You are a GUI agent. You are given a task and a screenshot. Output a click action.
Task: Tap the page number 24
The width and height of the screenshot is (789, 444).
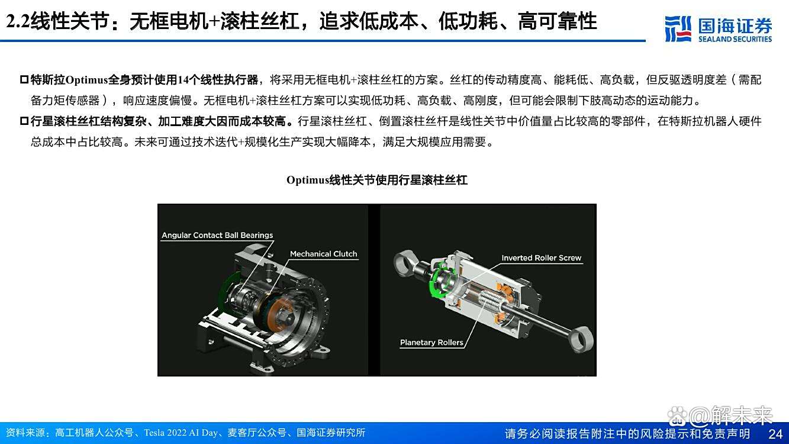pyautogui.click(x=775, y=433)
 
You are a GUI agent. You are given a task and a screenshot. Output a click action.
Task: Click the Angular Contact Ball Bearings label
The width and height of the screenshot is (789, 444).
pyautogui.click(x=217, y=235)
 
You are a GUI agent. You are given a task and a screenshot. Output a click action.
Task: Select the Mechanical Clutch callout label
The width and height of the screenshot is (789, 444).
pyautogui.click(x=323, y=254)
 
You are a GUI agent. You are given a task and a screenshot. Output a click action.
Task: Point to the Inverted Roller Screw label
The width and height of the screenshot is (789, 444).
pyautogui.click(x=541, y=258)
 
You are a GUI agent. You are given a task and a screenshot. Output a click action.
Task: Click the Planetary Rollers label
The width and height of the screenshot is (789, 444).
pyautogui.click(x=431, y=342)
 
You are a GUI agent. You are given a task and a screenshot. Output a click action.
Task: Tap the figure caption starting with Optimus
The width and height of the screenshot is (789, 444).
pyautogui.click(x=376, y=180)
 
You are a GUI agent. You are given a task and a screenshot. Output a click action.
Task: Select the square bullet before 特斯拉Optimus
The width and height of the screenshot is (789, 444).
pyautogui.click(x=24, y=80)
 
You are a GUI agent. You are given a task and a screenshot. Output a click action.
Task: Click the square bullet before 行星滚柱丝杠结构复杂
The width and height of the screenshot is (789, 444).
pyautogui.click(x=24, y=122)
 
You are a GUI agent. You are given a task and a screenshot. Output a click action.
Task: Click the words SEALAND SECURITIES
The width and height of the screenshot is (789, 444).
pyautogui.click(x=735, y=39)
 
